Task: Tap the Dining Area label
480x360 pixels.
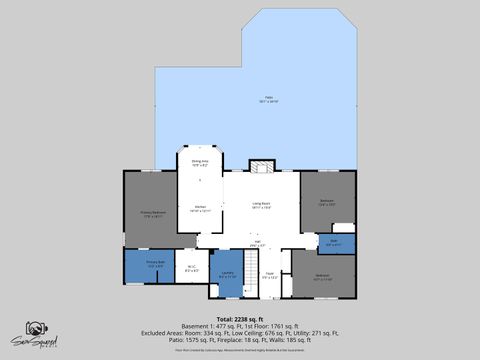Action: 199,162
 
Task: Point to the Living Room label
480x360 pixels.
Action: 262,205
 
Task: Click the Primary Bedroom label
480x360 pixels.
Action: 152,212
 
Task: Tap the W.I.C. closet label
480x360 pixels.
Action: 192,268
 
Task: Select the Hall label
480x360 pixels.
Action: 257,243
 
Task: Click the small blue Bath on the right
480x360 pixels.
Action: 334,242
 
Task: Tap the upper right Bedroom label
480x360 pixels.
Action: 327,202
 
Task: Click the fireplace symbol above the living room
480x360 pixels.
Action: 261,165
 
